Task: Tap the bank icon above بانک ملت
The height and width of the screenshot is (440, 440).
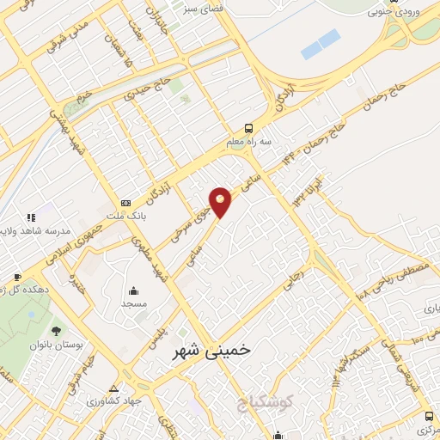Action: tap(126, 202)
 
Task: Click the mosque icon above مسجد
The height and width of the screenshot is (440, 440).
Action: tap(134, 290)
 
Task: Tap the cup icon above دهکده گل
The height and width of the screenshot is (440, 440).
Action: tap(17, 277)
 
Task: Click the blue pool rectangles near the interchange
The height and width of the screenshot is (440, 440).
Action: tap(320, 44)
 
